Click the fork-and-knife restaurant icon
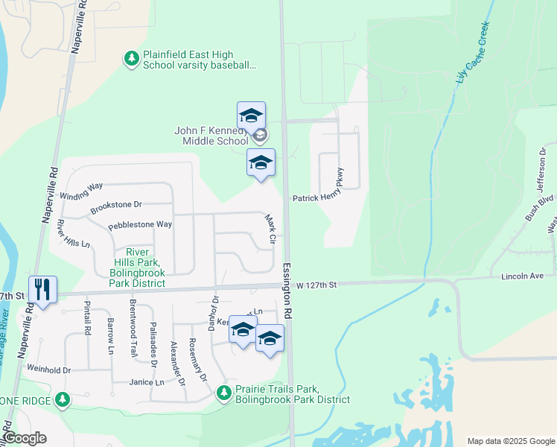(42, 288)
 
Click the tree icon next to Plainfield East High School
(131, 58)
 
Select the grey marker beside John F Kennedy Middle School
(260, 136)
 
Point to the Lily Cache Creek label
(474, 51)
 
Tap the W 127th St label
(316, 285)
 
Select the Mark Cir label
(271, 230)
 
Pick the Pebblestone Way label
(140, 224)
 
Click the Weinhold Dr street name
(48, 369)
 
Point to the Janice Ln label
(146, 382)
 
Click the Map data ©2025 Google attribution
(510, 441)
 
